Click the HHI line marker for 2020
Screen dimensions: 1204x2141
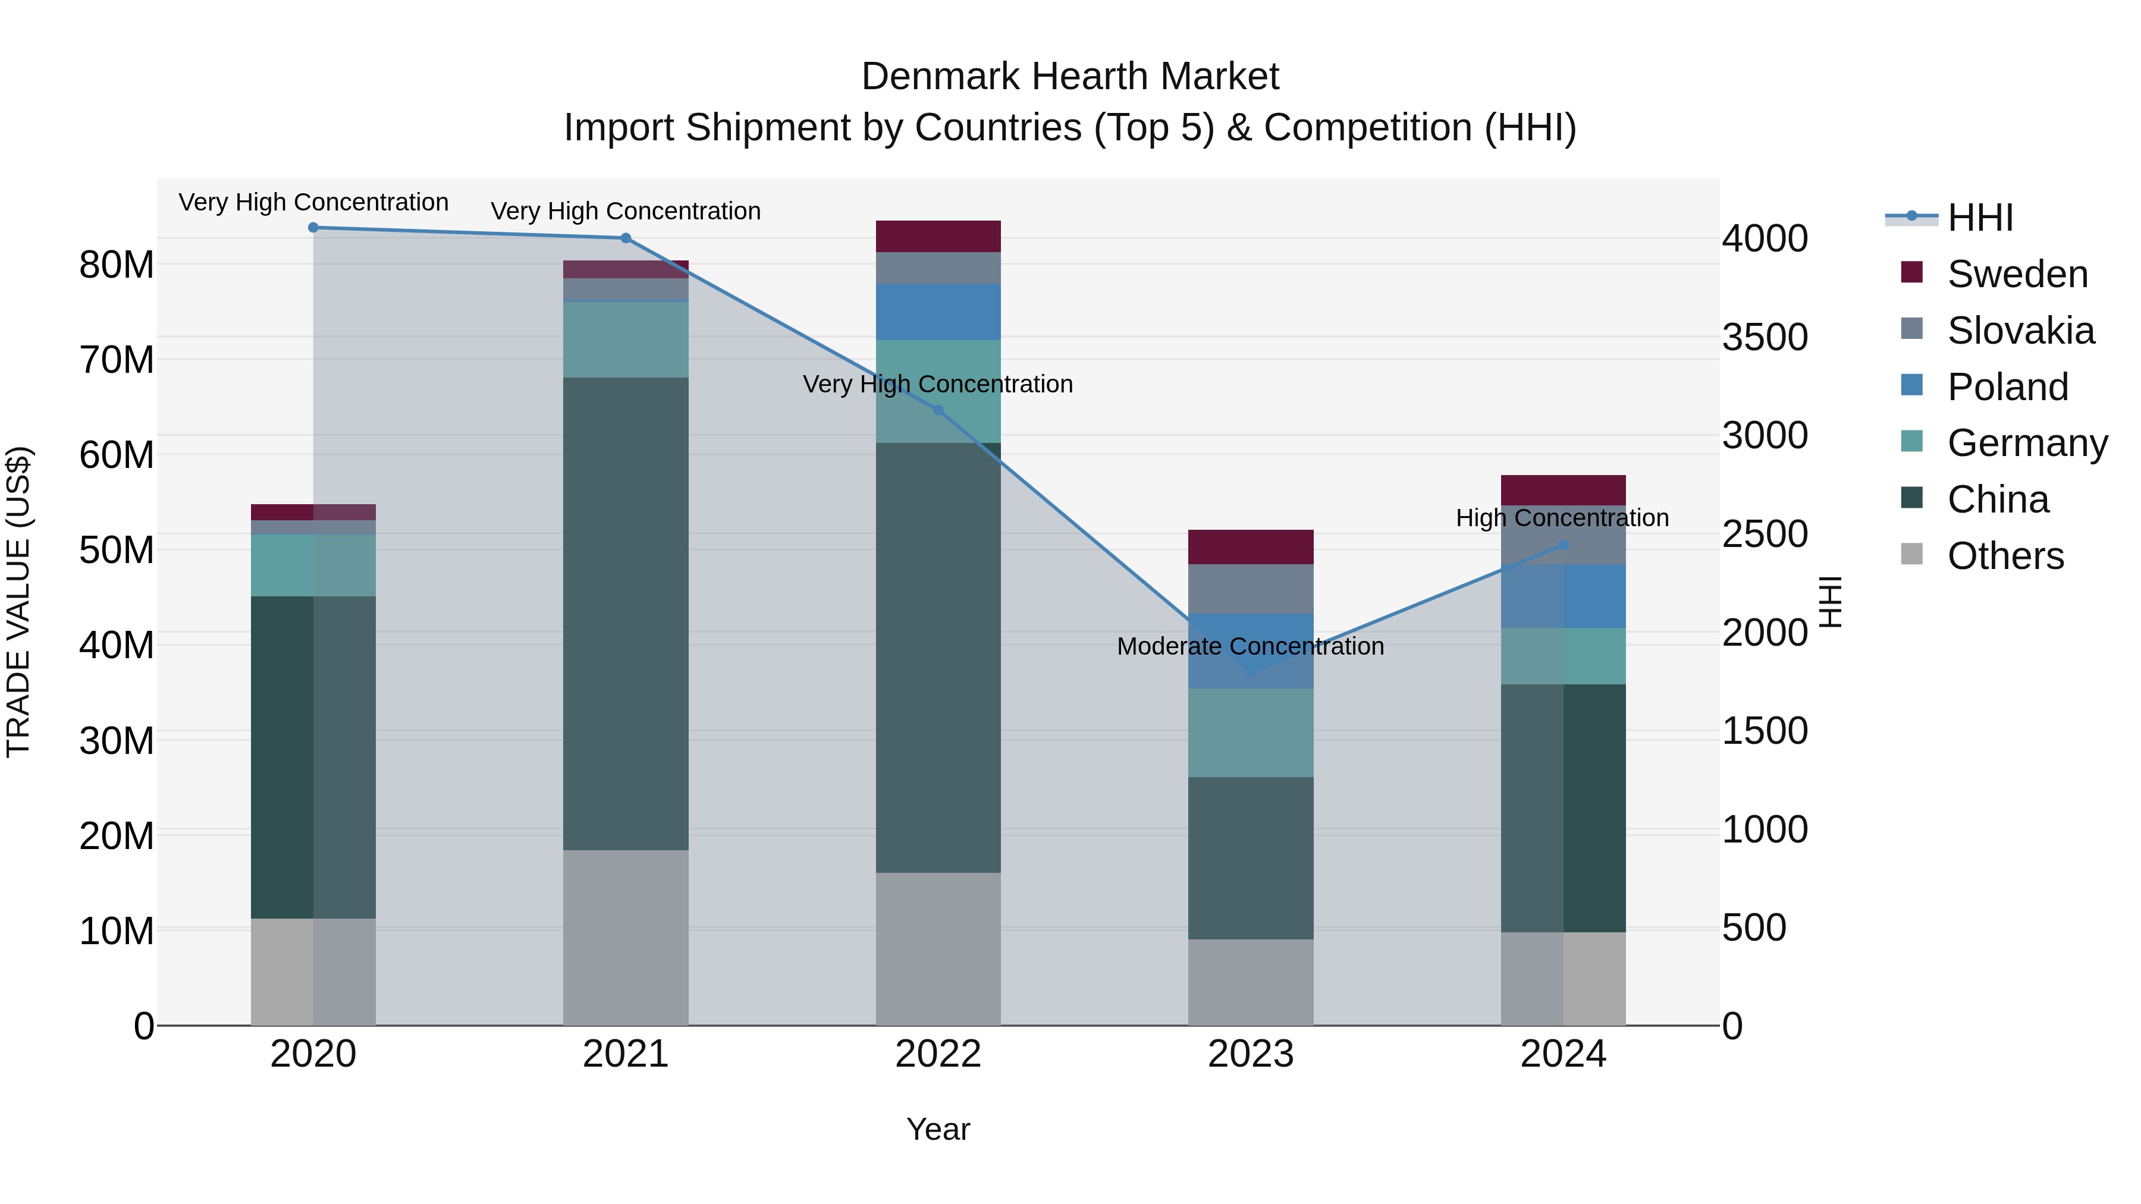313,227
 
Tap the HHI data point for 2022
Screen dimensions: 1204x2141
938,410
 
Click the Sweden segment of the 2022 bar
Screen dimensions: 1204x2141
938,236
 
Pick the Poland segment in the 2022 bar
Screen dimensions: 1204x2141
938,312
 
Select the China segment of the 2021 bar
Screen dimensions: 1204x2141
626,613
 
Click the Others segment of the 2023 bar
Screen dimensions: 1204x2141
1251,982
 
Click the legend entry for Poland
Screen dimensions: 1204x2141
2007,387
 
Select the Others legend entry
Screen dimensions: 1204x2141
2005,556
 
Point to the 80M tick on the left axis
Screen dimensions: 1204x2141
117,265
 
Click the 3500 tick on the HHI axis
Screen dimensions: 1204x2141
1765,337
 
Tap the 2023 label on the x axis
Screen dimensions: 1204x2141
1251,1054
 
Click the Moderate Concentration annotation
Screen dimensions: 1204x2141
1250,646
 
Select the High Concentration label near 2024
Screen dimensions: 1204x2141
1562,518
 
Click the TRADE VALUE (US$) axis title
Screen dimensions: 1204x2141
18,602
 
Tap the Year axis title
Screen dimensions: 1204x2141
938,1129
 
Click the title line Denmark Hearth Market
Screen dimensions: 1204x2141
1070,77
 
